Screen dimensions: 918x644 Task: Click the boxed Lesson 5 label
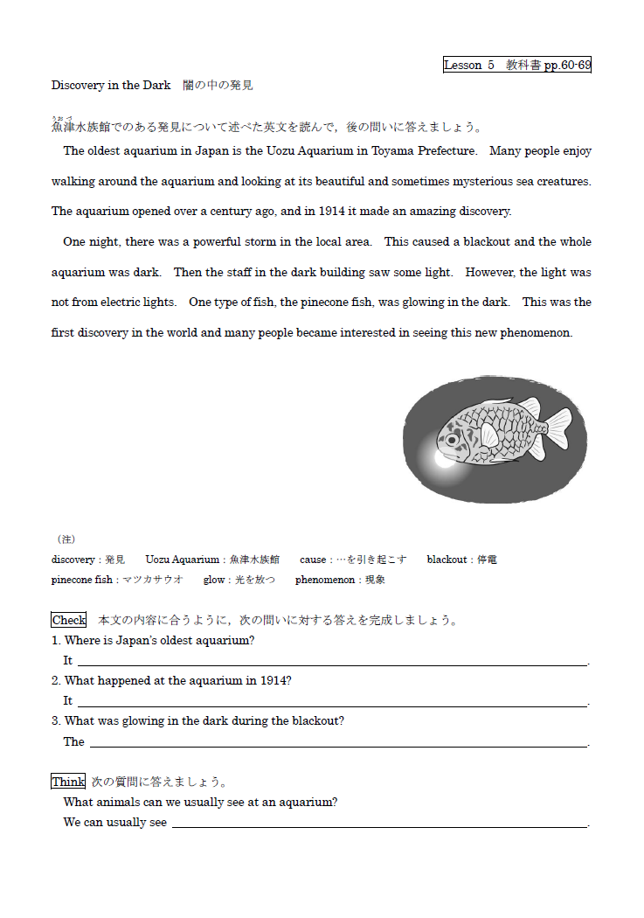(516, 65)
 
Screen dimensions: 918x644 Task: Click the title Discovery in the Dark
(111, 86)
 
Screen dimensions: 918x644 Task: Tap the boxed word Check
(69, 620)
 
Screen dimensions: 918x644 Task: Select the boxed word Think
(68, 782)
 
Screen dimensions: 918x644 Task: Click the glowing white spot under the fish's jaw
(444, 457)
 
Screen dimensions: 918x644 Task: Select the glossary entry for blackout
(462, 560)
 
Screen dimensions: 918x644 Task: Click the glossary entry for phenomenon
(340, 580)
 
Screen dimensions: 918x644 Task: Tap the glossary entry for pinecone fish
(117, 580)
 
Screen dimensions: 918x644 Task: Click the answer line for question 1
(332, 663)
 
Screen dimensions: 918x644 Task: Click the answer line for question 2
(332, 703)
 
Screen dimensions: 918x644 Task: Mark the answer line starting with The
(338, 743)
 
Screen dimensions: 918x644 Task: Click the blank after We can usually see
(379, 824)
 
